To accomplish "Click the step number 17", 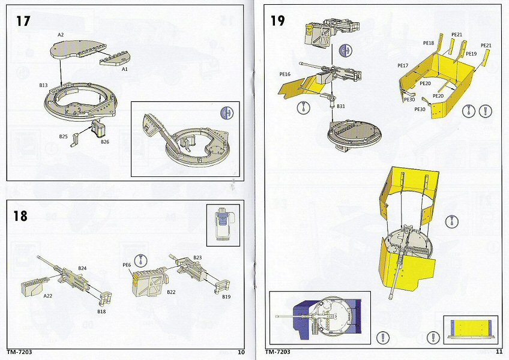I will pos(23,21).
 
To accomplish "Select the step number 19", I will pos(277,21).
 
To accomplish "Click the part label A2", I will pos(61,35).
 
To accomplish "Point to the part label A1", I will pos(125,69).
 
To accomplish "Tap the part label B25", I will pos(63,137).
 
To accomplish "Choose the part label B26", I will pos(105,142).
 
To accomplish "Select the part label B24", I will pos(82,268).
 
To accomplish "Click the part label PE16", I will pos(285,74).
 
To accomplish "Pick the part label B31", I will pos(340,106).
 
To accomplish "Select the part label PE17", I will pos(402,65).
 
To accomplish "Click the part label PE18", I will pos(428,43).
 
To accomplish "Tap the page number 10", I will pos(241,352).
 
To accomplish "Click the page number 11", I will pos(499,352).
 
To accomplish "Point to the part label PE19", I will pos(471,54).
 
